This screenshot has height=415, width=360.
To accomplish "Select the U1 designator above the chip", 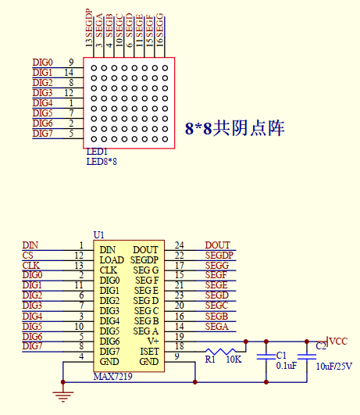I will pos(98,234).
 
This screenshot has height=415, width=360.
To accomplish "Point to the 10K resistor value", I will pos(233,360).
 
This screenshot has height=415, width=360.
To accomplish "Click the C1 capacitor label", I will pos(281,356).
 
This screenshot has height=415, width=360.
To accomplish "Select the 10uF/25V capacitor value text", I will pos(333,366).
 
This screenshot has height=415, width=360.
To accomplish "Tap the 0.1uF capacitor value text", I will pos(286,366).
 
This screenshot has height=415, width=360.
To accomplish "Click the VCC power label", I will pos(338,341).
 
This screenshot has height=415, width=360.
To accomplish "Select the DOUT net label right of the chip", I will pos(218,245).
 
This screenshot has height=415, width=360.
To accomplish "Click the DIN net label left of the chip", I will pos(30,245).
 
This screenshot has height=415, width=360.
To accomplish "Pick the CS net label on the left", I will pos(28,256).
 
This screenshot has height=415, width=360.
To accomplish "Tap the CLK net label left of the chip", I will pos(31,266).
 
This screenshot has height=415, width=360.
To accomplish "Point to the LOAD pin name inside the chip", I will pos(112,259).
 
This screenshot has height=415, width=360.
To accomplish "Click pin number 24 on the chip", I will pos(179,245).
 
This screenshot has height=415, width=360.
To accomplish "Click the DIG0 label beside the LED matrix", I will pos(42,63).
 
